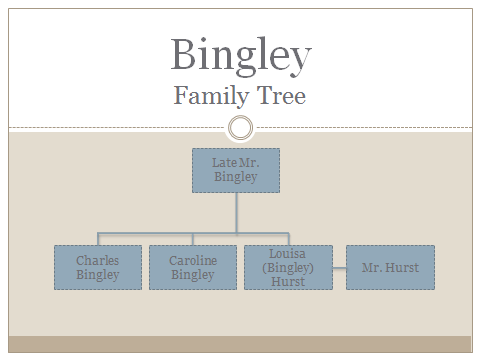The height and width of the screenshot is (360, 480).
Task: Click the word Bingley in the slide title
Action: pyautogui.click(x=240, y=54)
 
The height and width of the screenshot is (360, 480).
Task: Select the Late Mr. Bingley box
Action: pyautogui.click(x=236, y=170)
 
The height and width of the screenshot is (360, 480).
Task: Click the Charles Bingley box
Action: pyautogui.click(x=97, y=267)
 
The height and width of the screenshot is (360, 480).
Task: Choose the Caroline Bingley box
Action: pyautogui.click(x=193, y=267)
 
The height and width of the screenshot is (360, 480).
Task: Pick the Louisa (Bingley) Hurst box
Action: pyautogui.click(x=288, y=267)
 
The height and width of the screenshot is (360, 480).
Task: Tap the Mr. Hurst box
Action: pyautogui.click(x=390, y=267)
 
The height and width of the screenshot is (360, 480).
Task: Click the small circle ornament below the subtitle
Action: pyautogui.click(x=240, y=128)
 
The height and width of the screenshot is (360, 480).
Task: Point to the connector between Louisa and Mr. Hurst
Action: pyautogui.click(x=339, y=268)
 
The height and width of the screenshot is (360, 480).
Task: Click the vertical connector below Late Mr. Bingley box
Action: pyautogui.click(x=236, y=210)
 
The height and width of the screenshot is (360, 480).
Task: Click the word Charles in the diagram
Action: pyautogui.click(x=97, y=261)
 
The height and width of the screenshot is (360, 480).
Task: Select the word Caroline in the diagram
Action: pyautogui.click(x=193, y=261)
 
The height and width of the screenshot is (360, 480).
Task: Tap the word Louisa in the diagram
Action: pyautogui.click(x=288, y=254)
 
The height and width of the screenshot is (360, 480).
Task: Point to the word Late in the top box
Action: pyautogui.click(x=222, y=162)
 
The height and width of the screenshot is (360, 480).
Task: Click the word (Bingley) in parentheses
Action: pyautogui.click(x=288, y=268)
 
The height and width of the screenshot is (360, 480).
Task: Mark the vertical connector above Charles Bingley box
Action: pyautogui.click(x=97, y=237)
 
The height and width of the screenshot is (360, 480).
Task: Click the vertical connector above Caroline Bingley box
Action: pyautogui.click(x=193, y=237)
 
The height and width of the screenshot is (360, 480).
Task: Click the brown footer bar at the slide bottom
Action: pyautogui.click(x=240, y=343)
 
